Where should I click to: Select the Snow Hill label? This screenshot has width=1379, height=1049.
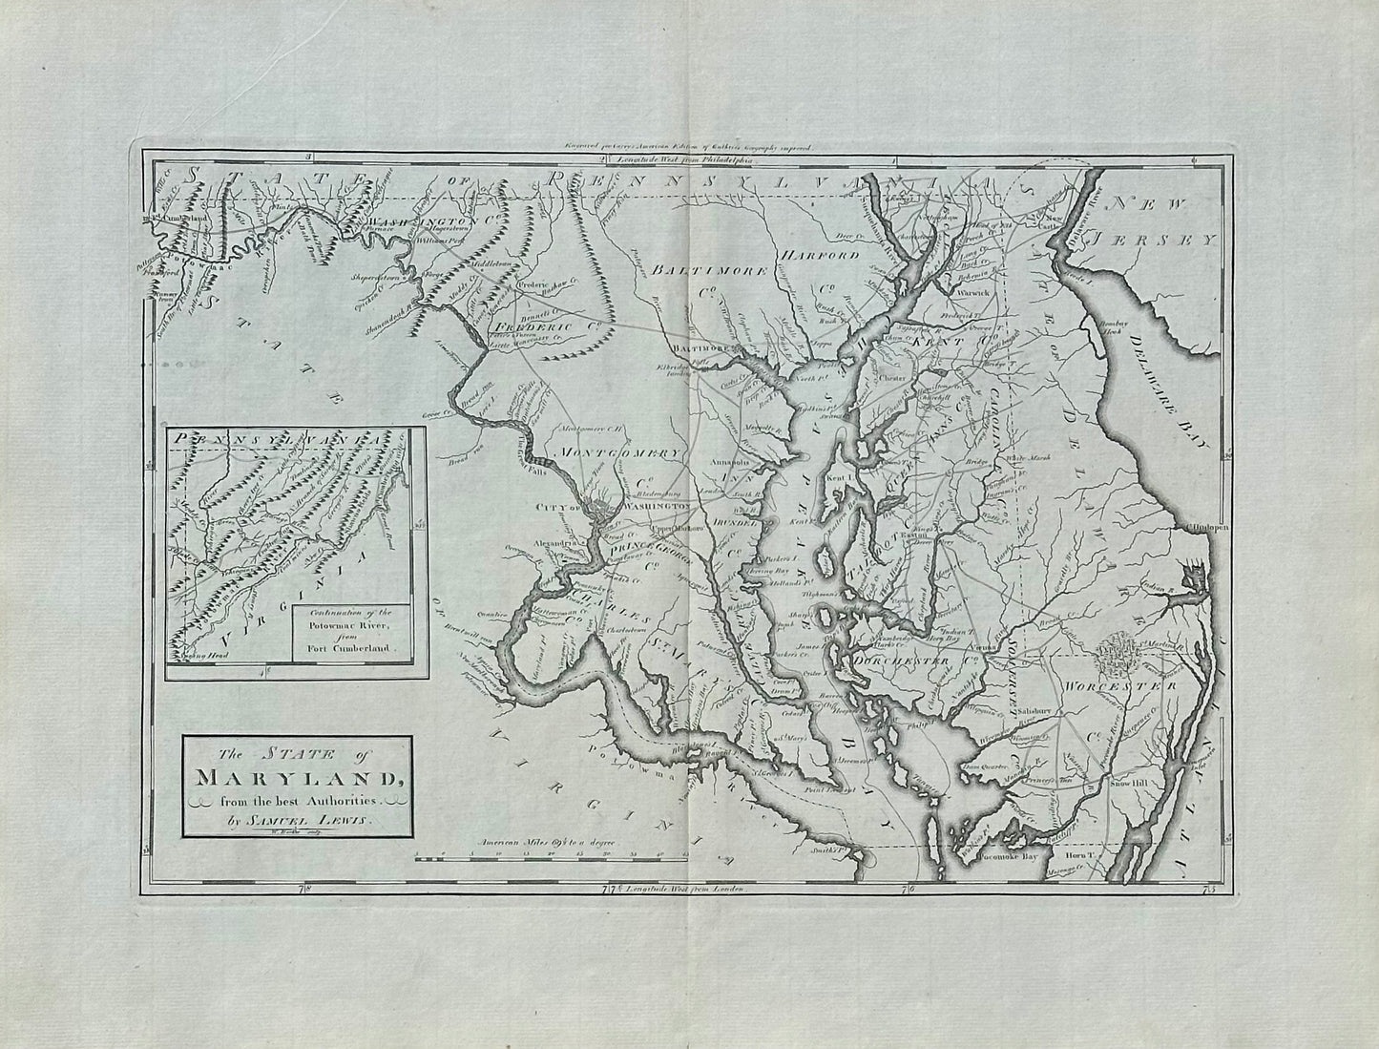click(x=1132, y=784)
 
